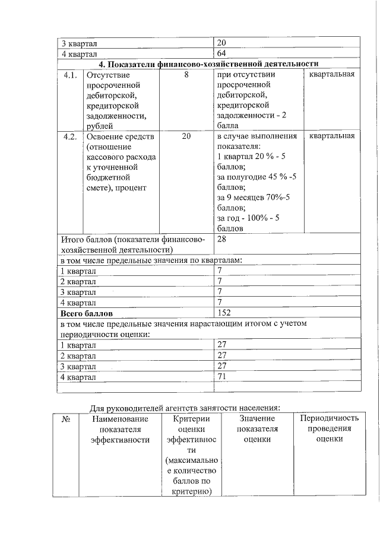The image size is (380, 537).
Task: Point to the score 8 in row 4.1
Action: point(186,75)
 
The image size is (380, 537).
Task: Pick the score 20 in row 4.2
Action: point(186,136)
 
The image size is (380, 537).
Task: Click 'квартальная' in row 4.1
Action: point(331,75)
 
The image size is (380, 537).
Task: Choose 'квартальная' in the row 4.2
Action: point(331,136)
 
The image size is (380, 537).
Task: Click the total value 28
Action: point(223,239)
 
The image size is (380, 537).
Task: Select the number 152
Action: point(224,313)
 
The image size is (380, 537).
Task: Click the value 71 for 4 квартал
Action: point(223,377)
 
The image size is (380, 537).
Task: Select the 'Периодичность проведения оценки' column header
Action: point(328,428)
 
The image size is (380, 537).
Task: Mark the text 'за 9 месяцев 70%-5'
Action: point(253,198)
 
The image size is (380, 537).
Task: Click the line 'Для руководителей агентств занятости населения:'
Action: point(185,408)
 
